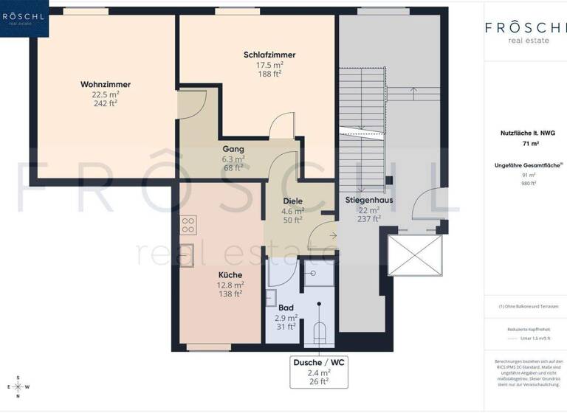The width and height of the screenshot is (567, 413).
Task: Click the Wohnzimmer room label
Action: [x=105, y=84]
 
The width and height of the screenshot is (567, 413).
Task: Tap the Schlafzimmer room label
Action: [x=269, y=55]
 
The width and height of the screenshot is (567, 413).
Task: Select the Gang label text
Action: [x=233, y=149]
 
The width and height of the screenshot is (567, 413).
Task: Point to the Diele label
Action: [x=293, y=201]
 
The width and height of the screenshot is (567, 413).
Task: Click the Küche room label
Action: [x=230, y=275]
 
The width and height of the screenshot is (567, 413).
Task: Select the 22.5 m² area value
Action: [x=105, y=94]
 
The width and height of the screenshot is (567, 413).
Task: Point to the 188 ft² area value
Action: [x=269, y=74]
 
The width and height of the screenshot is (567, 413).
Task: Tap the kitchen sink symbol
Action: [x=188, y=251]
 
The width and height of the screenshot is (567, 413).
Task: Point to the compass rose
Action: [x=18, y=386]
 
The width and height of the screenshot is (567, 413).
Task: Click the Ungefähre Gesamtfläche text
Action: [x=526, y=166]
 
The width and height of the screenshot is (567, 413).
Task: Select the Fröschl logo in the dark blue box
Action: [x=24, y=18]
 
